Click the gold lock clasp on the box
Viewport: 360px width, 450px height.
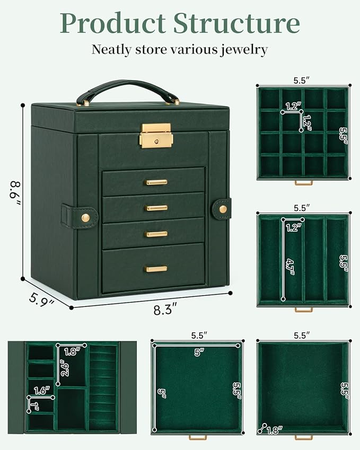point(156,135)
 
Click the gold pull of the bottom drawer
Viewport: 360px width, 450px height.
point(156,269)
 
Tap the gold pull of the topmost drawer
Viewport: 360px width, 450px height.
point(156,182)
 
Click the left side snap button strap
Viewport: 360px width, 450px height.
point(80,217)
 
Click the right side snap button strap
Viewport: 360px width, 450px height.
point(222,209)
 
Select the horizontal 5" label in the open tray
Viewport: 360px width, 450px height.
point(198,352)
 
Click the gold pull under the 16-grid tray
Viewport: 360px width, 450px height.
point(303,183)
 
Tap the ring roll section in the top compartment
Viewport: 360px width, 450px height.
point(102,387)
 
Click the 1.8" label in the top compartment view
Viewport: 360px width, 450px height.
point(72,351)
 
